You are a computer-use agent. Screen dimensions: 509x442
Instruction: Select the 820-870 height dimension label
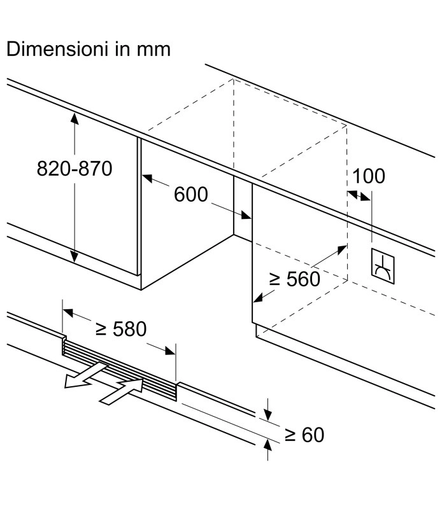coord(74,169)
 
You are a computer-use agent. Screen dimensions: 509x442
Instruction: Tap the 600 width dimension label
coord(190,195)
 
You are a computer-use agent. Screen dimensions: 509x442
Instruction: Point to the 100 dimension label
coord(368,176)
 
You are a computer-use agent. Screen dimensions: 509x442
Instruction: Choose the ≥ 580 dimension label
coord(120,329)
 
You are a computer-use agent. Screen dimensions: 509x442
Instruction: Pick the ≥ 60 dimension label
coord(304,435)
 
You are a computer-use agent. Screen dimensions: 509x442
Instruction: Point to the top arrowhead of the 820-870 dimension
coord(75,118)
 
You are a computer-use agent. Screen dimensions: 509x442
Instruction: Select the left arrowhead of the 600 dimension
coord(146,179)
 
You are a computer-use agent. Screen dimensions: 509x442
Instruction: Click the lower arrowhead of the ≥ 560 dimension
coord(257,297)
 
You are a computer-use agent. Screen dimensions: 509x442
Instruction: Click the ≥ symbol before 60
coord(290,435)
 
